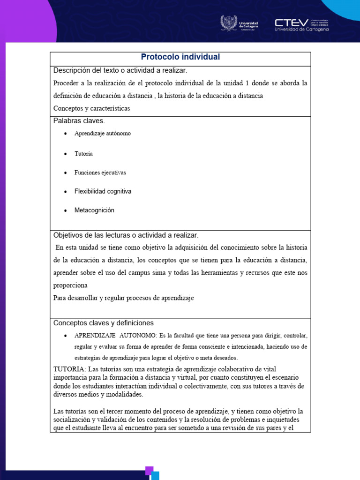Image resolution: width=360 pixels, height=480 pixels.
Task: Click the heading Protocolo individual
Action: (180, 57)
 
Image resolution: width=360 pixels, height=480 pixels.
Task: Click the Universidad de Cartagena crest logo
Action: (229, 23)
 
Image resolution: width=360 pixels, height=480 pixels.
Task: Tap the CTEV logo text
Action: (292, 22)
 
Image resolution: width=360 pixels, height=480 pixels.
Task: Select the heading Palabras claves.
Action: (79, 121)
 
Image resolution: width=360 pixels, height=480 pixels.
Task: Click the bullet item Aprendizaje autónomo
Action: (103, 134)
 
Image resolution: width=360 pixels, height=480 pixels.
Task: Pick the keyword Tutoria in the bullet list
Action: (83, 154)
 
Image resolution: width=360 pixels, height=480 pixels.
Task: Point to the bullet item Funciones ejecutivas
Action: (100, 172)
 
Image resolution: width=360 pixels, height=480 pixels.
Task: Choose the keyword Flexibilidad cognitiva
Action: (103, 191)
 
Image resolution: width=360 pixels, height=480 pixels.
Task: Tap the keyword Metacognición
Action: (94, 210)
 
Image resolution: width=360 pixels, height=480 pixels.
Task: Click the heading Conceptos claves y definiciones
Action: (104, 323)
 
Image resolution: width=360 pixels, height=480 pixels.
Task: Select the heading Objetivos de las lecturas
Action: (126, 235)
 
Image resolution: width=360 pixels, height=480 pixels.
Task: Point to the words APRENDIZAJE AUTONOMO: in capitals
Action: (115, 336)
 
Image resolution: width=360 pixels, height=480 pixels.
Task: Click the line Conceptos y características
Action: (92, 108)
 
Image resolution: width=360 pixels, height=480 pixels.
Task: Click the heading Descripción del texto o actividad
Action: (120, 70)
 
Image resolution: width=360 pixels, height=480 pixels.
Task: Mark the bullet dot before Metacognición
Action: (65, 211)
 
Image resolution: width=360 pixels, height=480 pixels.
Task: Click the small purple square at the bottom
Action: (150, 470)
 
